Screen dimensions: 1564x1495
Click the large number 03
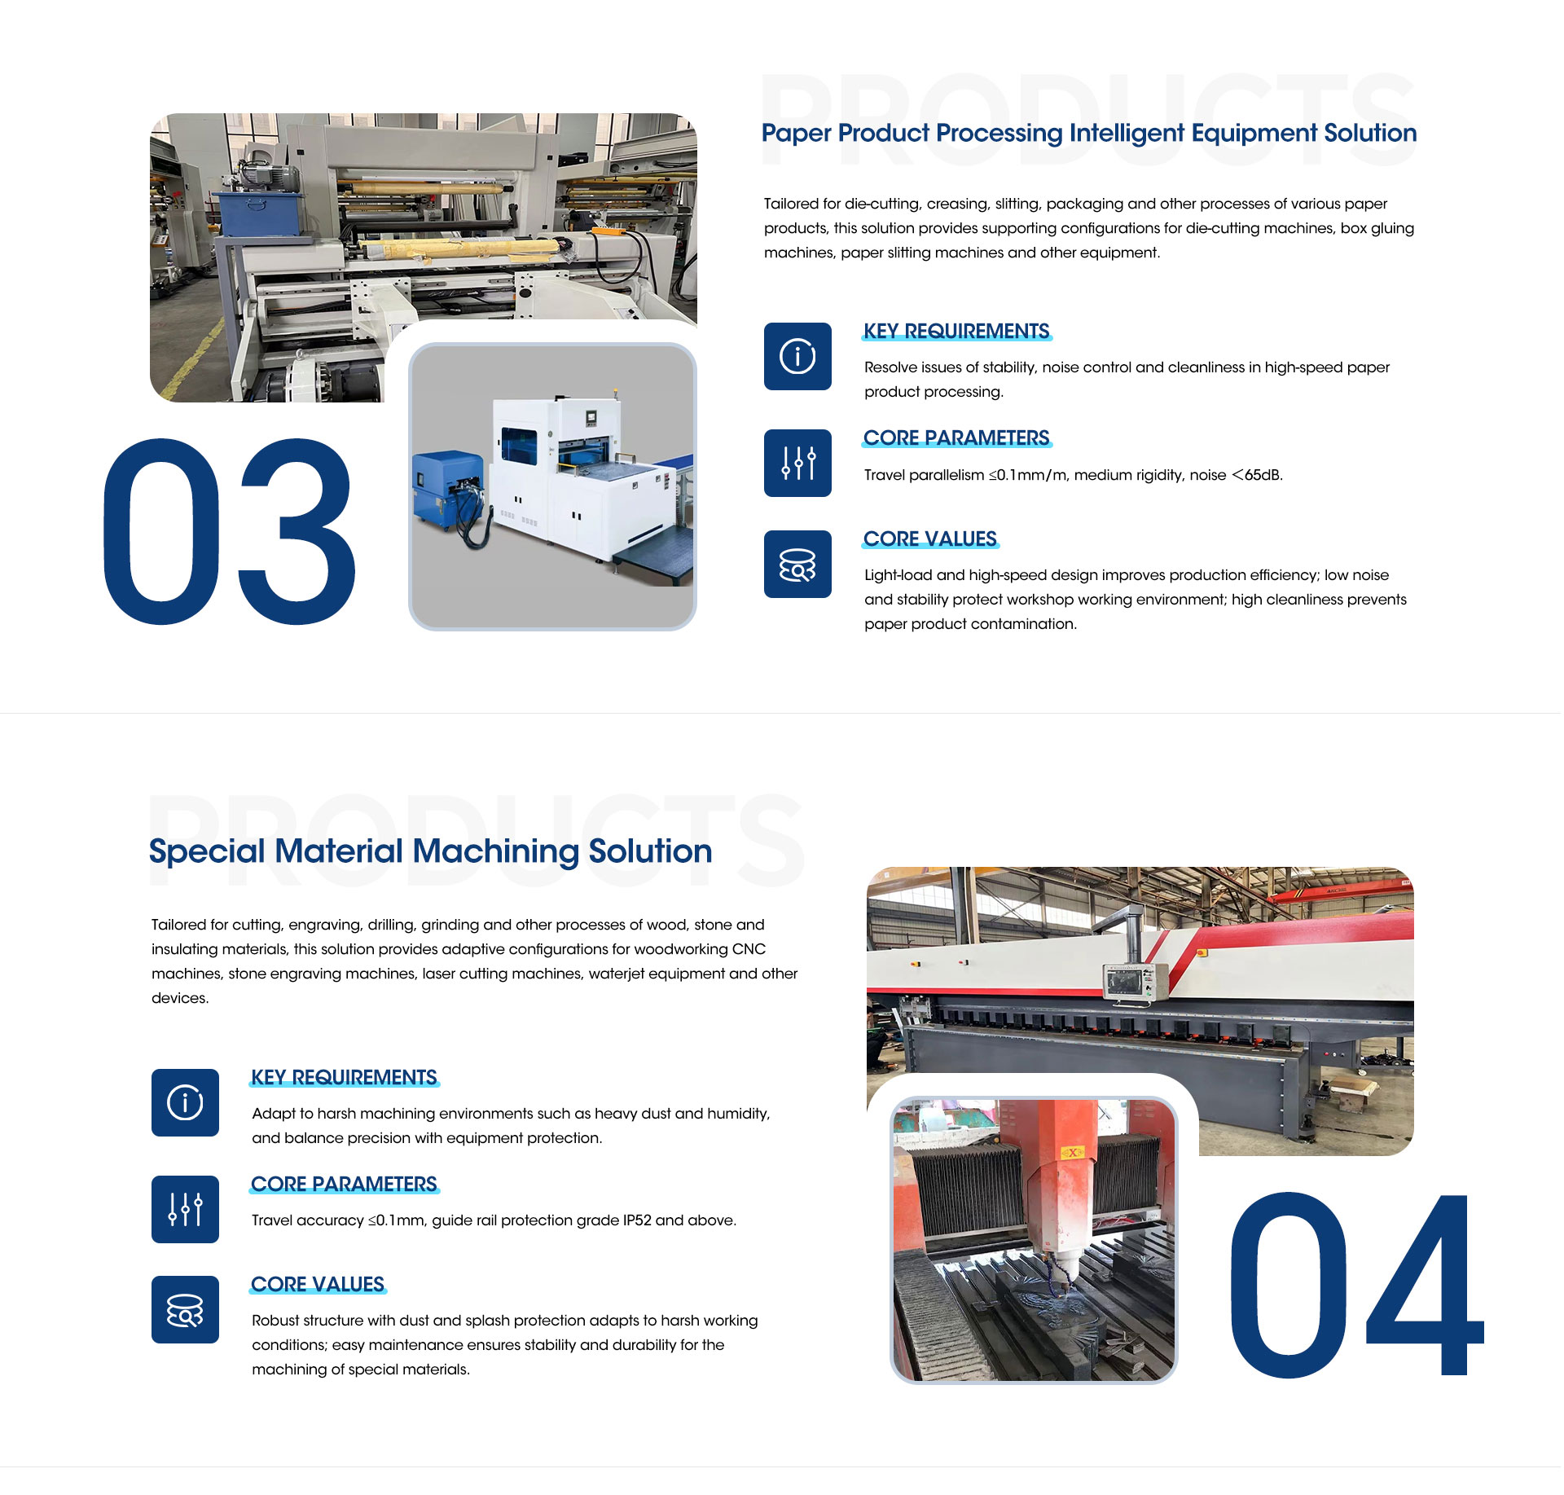[x=230, y=531]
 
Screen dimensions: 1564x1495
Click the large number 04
[x=1356, y=1285]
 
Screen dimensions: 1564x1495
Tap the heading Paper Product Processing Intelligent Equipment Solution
[x=1089, y=133]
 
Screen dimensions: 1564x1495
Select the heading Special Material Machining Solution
[x=431, y=851]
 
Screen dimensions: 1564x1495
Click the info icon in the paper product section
[x=797, y=356]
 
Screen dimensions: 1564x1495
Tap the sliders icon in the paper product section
[x=797, y=463]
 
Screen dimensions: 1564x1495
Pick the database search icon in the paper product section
[x=797, y=564]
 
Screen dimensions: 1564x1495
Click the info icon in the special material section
[x=185, y=1102]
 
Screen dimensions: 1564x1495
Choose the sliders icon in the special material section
[x=185, y=1209]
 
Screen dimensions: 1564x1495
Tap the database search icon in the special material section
[x=185, y=1309]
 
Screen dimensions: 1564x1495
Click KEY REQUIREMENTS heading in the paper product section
[x=956, y=331]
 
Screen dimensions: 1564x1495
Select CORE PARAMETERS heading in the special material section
[x=344, y=1184]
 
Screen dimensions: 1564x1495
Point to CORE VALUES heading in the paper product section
[x=930, y=539]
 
